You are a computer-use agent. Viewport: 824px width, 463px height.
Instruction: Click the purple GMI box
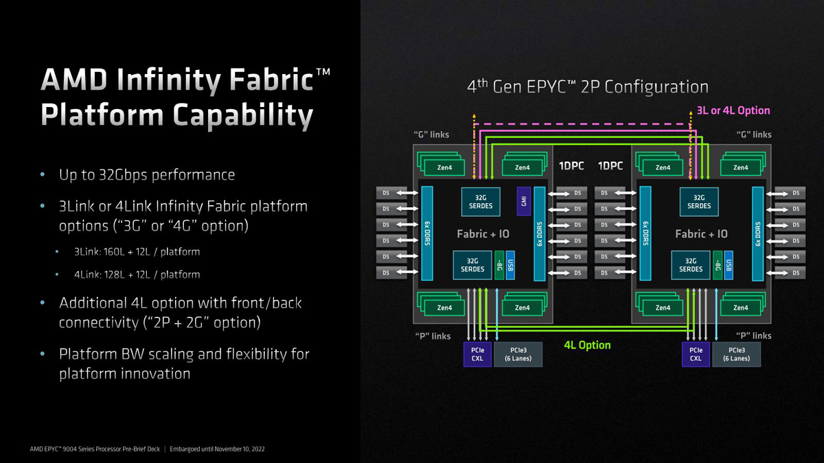pos(523,202)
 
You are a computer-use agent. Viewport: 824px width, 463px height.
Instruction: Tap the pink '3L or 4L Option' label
pos(733,110)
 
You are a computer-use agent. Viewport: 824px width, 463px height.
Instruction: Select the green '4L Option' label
pos(587,345)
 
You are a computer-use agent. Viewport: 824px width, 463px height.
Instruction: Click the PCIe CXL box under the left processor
pos(477,355)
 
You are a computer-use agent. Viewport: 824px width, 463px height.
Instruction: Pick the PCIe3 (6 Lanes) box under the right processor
pos(736,355)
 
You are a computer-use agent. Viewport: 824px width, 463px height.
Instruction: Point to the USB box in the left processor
pos(510,265)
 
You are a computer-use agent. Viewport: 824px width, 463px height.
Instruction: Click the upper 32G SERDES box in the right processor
pos(699,202)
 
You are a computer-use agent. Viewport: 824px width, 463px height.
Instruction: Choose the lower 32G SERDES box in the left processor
pos(472,265)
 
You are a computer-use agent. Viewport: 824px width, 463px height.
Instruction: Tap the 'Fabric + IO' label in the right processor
pos(701,234)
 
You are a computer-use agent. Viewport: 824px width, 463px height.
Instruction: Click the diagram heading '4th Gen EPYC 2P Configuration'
pos(588,87)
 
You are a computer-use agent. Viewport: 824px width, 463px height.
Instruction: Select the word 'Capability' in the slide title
pos(243,116)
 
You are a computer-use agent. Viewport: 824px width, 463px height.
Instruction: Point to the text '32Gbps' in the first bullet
pos(123,175)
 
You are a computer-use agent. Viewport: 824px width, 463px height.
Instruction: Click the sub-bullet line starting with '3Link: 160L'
pos(137,252)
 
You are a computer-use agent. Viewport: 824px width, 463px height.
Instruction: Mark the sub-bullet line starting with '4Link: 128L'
pos(137,274)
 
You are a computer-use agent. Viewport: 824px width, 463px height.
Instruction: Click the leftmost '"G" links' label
pos(431,135)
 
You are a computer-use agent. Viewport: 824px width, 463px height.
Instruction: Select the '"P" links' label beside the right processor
pos(754,335)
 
